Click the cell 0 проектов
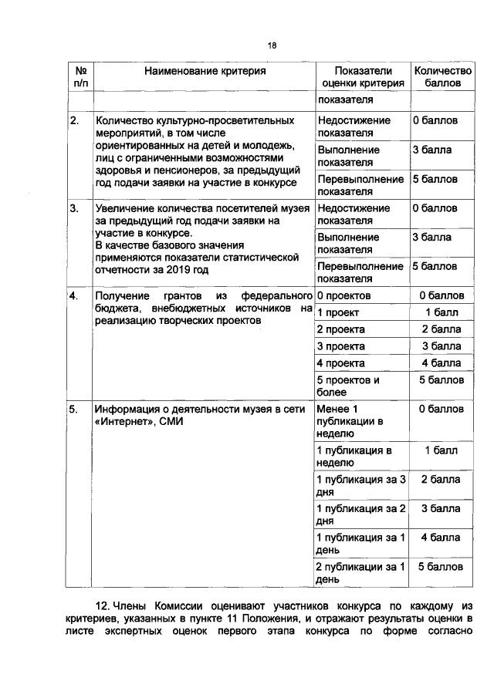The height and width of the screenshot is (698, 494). point(344,295)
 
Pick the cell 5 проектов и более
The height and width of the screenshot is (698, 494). point(348,386)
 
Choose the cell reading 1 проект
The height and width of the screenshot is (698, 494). point(337,312)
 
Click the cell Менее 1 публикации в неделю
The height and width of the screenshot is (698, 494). point(346,421)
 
